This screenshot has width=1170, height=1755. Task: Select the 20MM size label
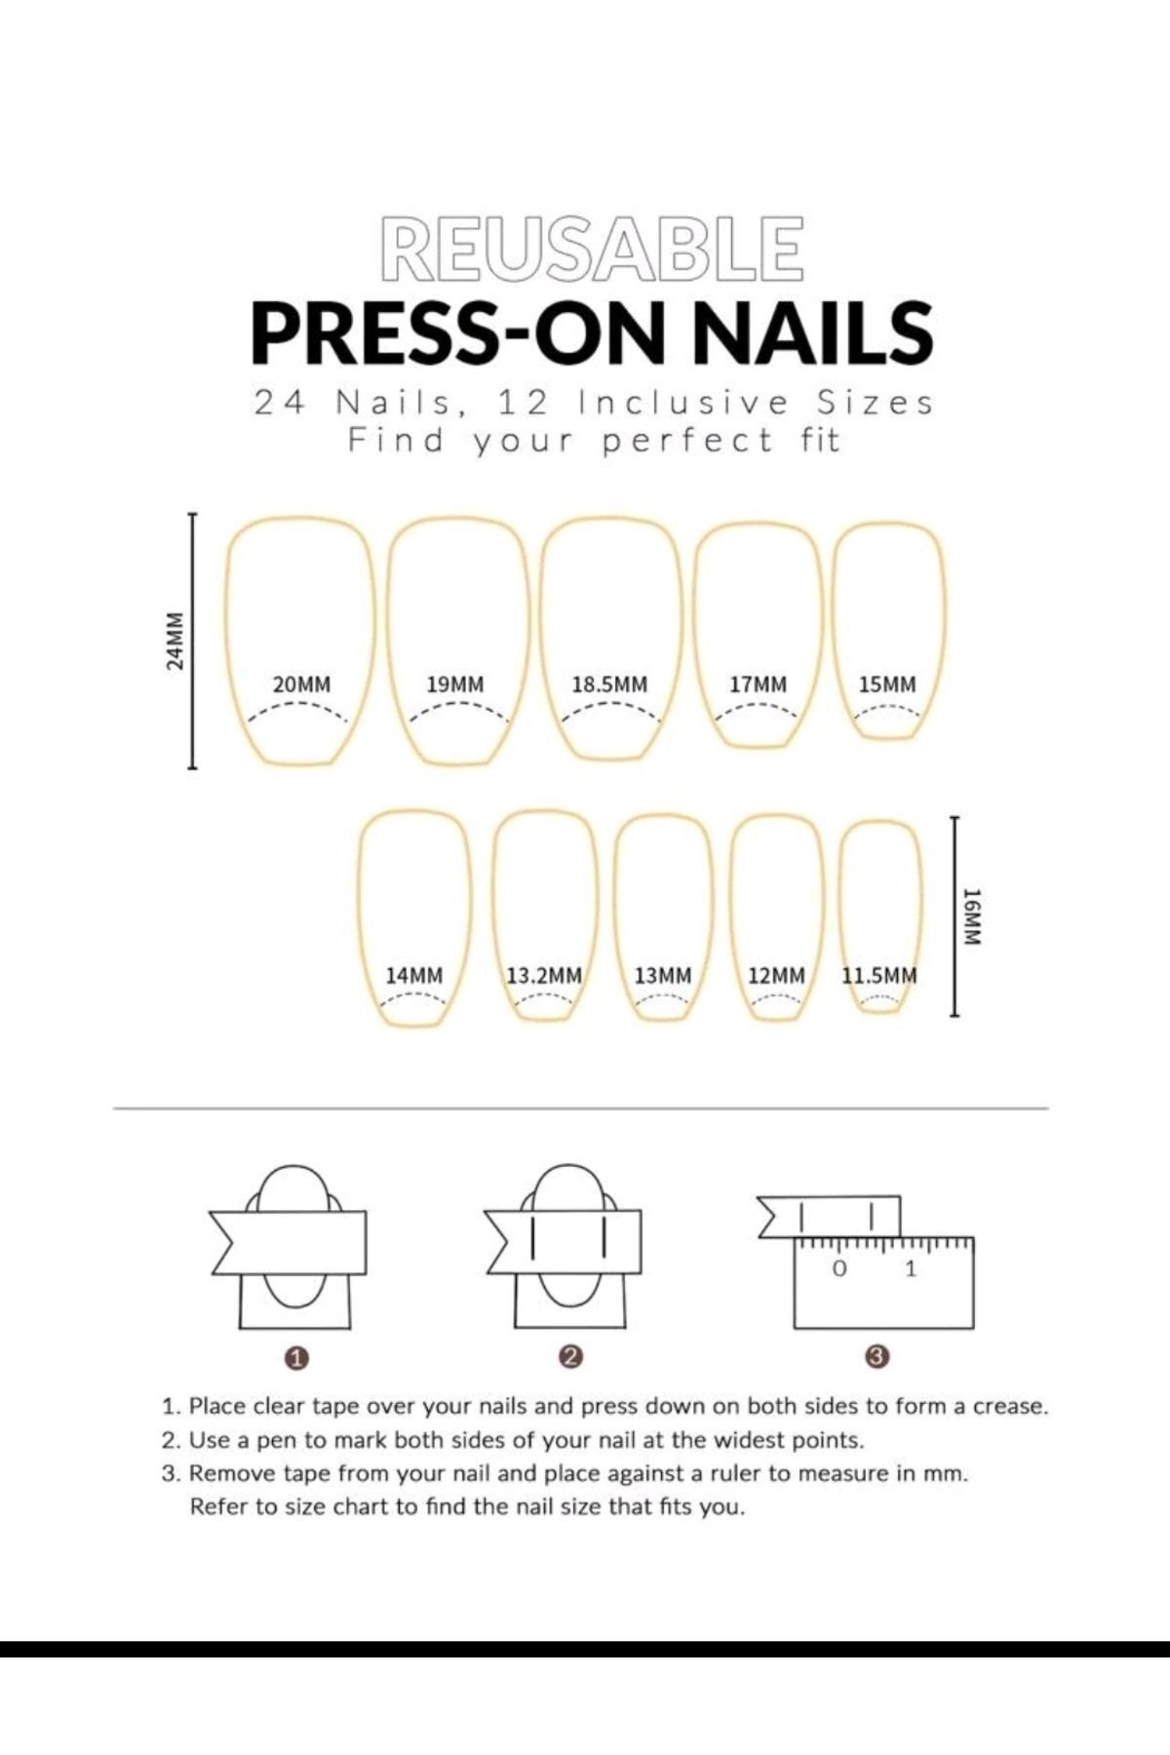(x=301, y=684)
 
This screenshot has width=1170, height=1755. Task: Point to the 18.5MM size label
(x=609, y=684)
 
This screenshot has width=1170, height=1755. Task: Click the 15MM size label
(x=887, y=684)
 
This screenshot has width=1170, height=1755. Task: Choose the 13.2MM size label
(x=544, y=975)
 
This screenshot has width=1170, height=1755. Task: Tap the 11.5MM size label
(x=879, y=975)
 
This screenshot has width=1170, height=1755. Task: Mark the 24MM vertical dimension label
(x=175, y=641)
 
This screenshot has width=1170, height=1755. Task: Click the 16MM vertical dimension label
(x=971, y=916)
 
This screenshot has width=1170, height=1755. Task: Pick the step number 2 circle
(x=571, y=1356)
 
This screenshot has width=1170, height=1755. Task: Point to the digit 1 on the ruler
(x=912, y=1269)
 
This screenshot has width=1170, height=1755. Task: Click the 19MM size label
(x=455, y=684)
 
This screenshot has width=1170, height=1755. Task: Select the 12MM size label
(x=777, y=975)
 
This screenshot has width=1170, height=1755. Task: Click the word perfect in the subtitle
(x=686, y=443)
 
